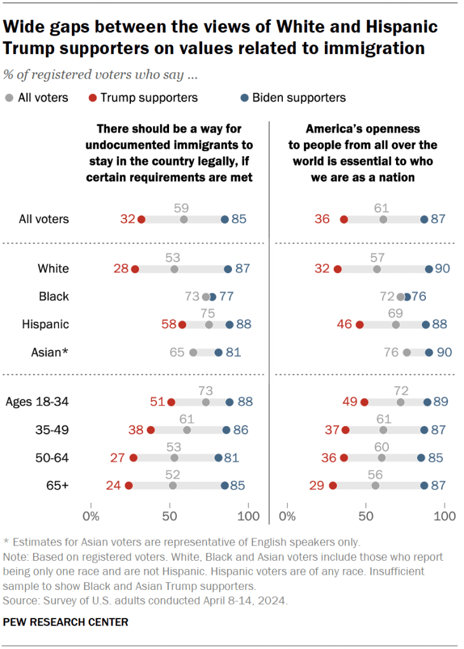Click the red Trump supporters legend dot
click(93, 98)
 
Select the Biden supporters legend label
click(299, 98)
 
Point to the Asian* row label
click(50, 352)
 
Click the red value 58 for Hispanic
click(169, 324)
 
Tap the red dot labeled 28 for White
click(135, 269)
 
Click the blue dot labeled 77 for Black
click(212, 297)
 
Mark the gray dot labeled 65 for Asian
click(193, 352)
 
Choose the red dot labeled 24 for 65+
click(129, 486)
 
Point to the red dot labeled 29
click(333, 486)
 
